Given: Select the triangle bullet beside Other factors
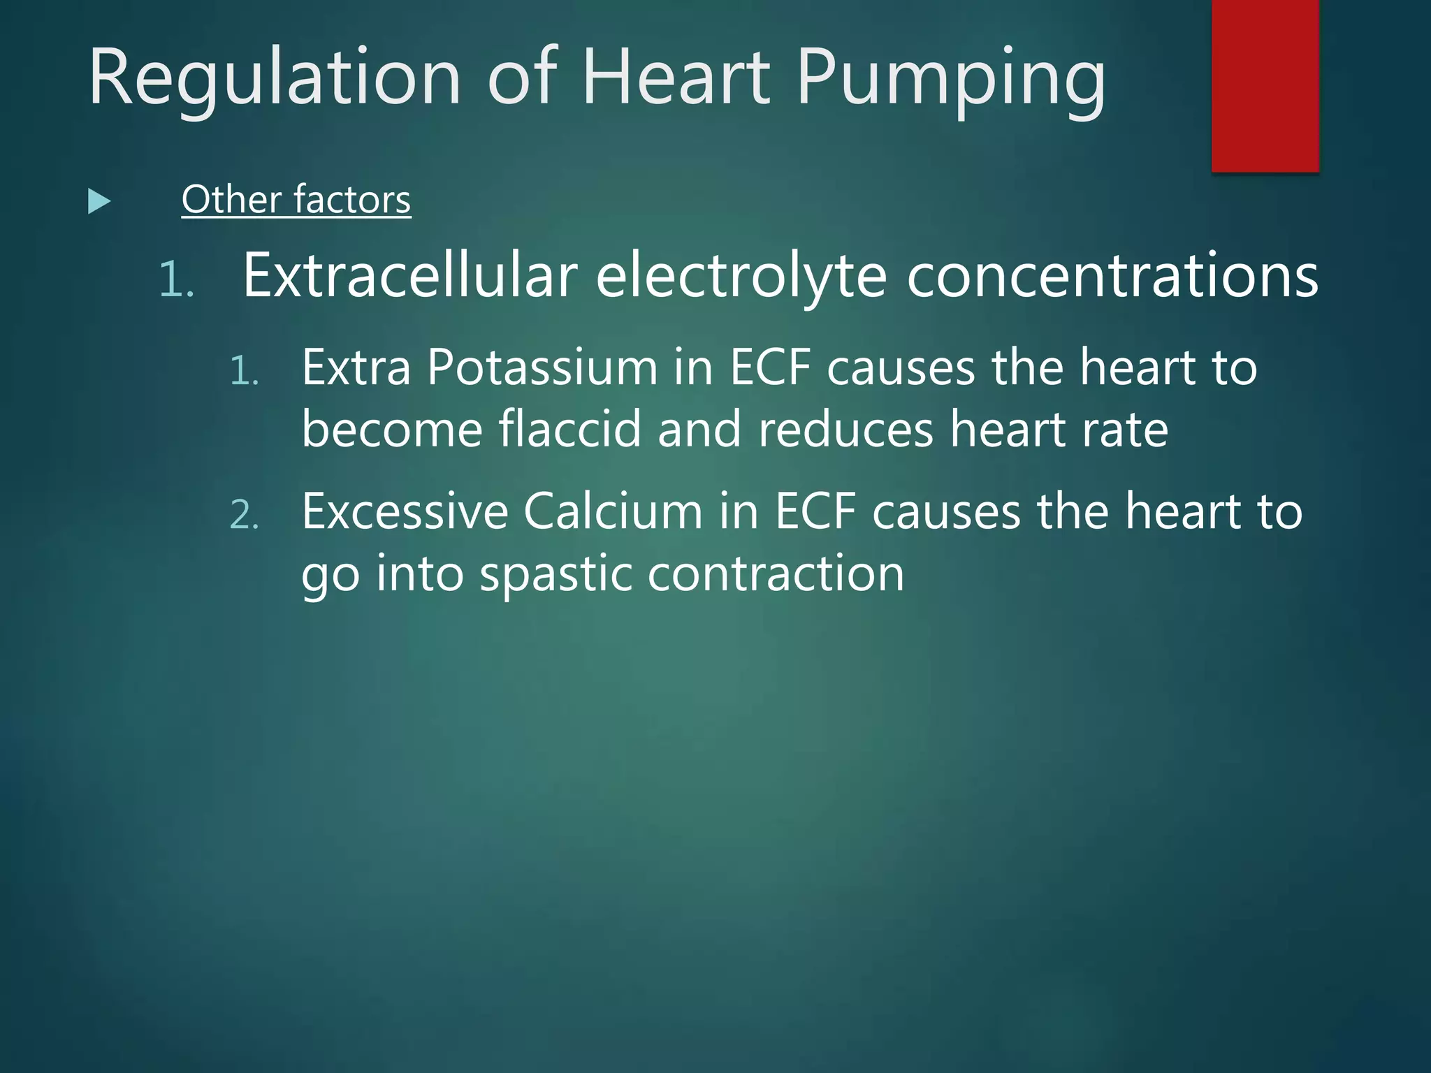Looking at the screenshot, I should coord(99,202).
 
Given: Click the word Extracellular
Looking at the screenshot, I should coord(410,275).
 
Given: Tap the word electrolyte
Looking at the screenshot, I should coord(741,277).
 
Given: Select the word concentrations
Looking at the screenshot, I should coord(1112,275).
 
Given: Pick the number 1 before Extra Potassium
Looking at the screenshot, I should coord(244,371).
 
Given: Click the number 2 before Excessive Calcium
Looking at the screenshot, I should coord(244,516).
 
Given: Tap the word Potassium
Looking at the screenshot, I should coord(542,367).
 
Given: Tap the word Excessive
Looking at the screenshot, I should coord(405,511).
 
